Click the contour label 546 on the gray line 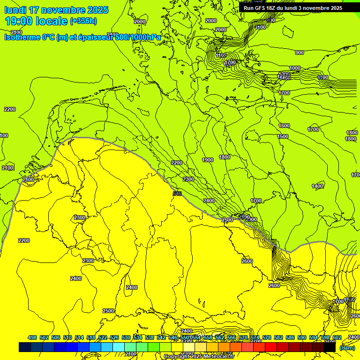point(177,193)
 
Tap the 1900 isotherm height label point(208,160)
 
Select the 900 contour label point(299,52)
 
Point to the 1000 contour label point(294,68)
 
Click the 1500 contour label point(283,136)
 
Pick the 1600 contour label point(284,126)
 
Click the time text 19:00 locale point(36,21)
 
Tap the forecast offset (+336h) point(83,21)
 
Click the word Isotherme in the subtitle point(22,37)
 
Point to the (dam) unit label point(347,347)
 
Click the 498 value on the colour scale point(32,337)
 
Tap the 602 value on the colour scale point(337,337)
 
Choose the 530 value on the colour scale point(126,337)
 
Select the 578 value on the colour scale point(266,337)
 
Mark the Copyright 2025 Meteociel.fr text point(199,357)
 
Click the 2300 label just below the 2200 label point(188,179)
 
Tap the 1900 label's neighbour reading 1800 point(225,157)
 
